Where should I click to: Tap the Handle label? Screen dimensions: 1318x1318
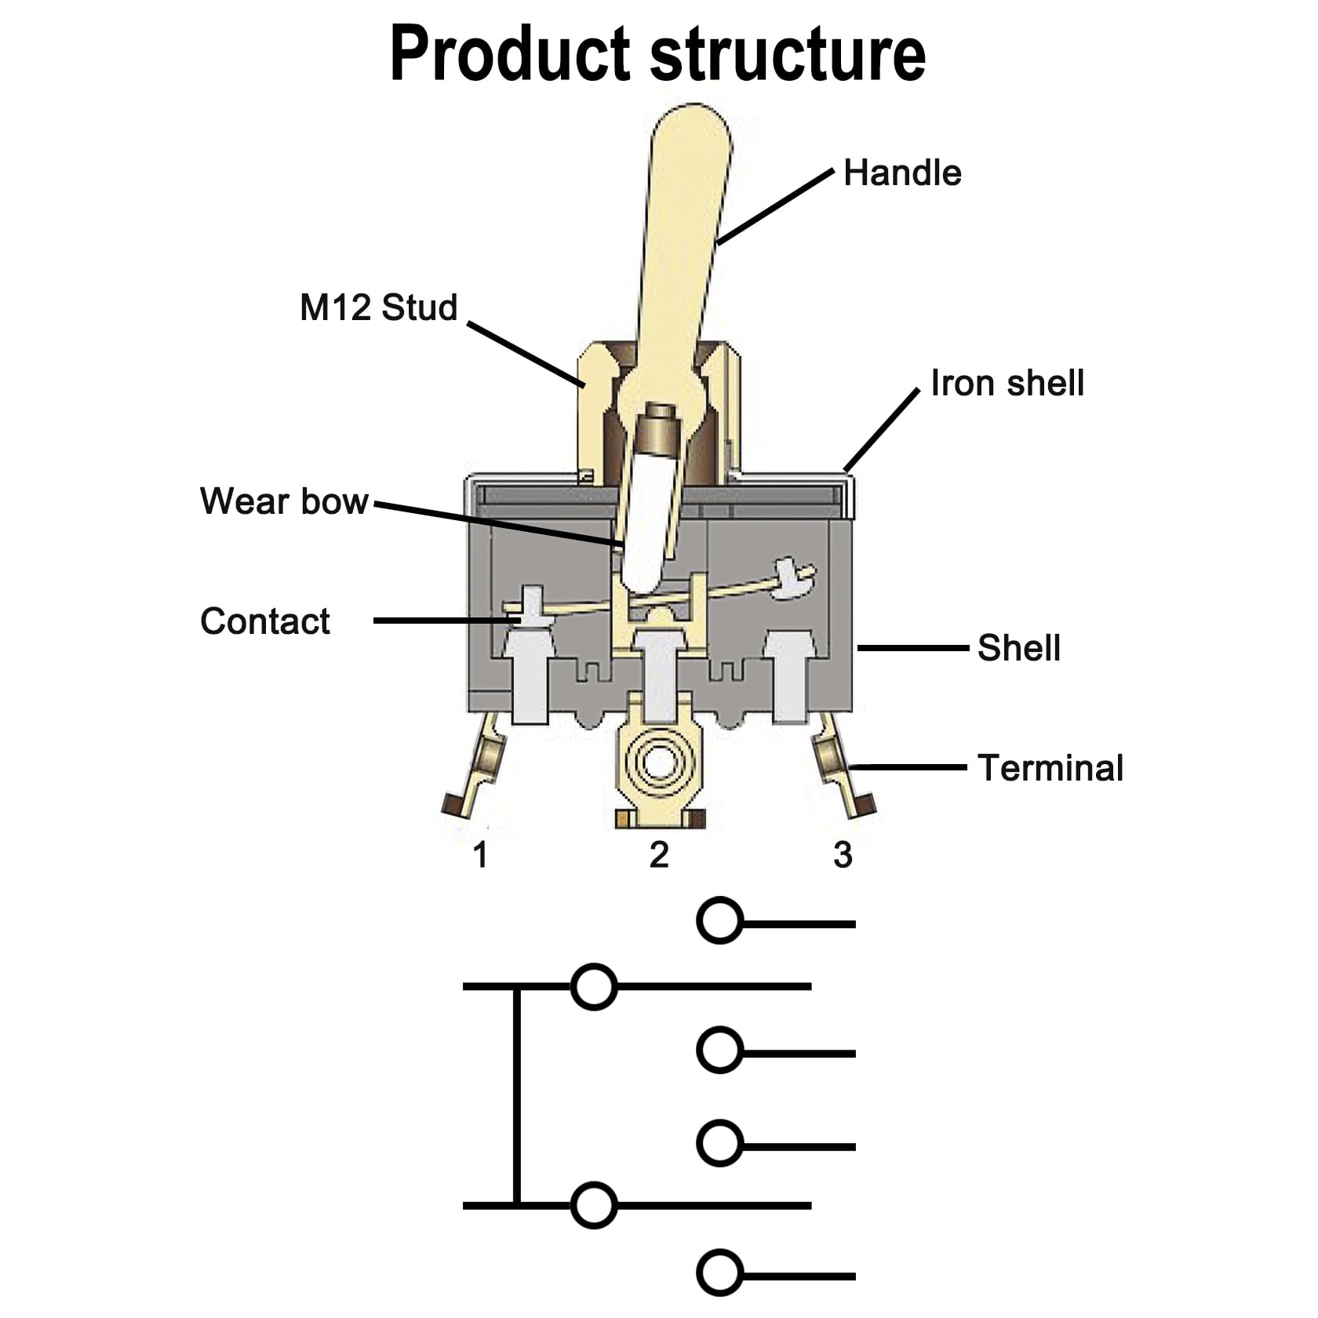(x=902, y=173)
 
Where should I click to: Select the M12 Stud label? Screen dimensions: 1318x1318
(x=378, y=307)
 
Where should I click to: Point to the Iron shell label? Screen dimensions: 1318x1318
(x=1007, y=383)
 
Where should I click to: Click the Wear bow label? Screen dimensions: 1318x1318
(x=284, y=501)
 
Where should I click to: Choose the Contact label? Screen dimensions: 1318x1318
(x=265, y=621)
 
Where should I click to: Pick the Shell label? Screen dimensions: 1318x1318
(x=1018, y=648)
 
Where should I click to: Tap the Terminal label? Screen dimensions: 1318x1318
(x=1050, y=767)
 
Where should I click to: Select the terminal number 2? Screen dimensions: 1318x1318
(x=659, y=854)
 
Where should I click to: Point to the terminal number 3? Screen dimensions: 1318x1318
(x=843, y=854)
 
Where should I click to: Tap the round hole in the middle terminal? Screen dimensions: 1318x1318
(x=658, y=761)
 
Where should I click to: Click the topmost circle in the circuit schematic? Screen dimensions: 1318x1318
(x=719, y=920)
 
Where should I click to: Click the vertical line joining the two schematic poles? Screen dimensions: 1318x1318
(x=516, y=1098)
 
